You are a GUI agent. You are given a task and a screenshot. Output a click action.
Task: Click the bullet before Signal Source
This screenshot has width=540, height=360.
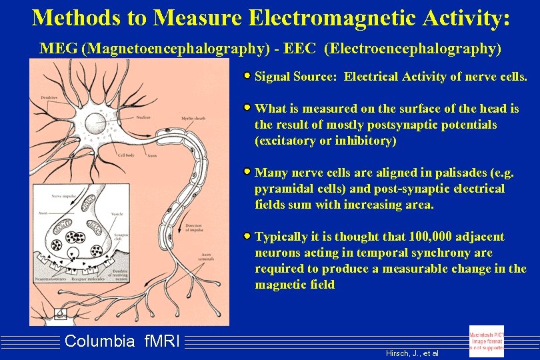coord(247,76)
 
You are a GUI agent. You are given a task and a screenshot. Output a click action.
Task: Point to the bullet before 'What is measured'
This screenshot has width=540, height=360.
coord(247,107)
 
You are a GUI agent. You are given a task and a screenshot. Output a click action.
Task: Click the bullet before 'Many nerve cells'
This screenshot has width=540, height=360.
coord(247,172)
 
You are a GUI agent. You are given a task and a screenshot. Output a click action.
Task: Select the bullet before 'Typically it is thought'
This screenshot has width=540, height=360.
coord(247,236)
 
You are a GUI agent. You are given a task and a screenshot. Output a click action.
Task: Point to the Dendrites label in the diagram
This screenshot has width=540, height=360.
coord(47,97)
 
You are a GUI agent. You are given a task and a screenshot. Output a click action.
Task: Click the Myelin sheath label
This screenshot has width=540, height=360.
coord(193,119)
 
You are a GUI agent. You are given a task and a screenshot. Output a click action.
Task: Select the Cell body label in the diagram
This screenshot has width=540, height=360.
coord(126,155)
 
